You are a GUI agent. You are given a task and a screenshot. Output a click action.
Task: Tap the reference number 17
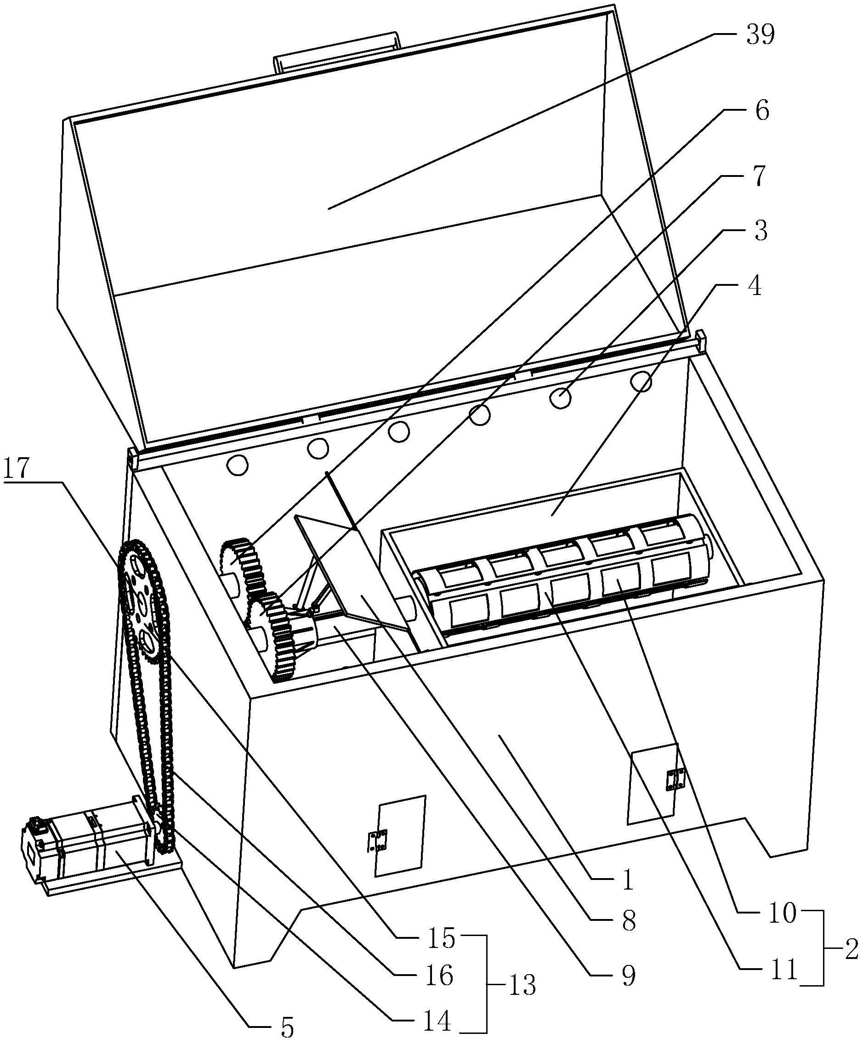point(17,469)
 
